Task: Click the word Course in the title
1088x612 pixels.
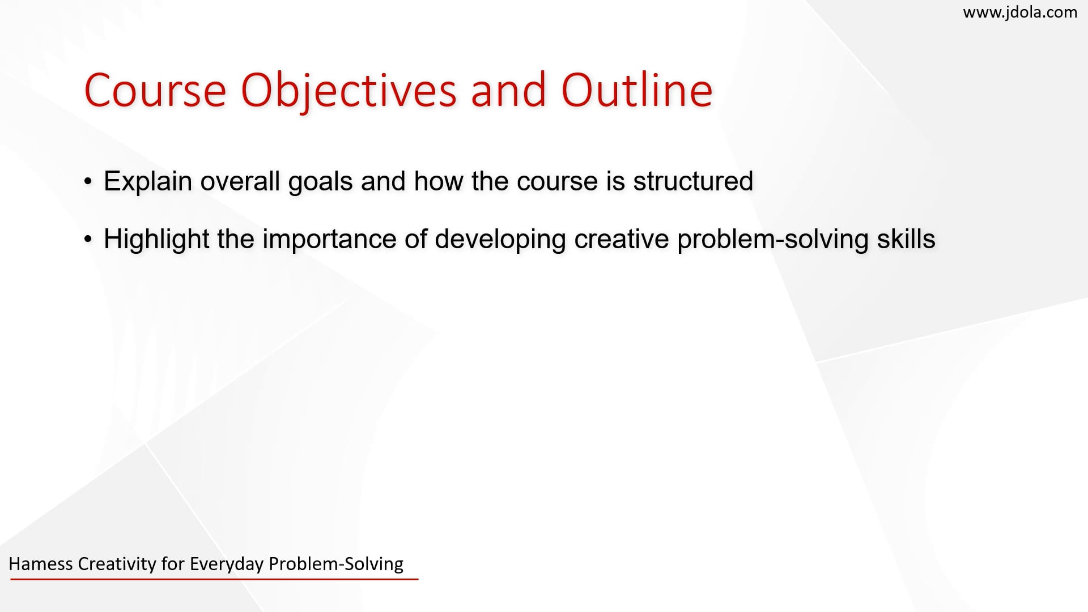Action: pyautogui.click(x=155, y=90)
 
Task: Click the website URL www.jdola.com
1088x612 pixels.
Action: pyautogui.click(x=1020, y=12)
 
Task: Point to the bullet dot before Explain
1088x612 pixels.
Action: pyautogui.click(x=87, y=182)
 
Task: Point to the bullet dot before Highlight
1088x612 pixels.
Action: pyautogui.click(x=87, y=239)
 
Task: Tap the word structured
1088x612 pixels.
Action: pyautogui.click(x=693, y=181)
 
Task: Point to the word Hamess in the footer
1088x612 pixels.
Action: pyautogui.click(x=41, y=564)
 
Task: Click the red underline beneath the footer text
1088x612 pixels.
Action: pyautogui.click(x=214, y=579)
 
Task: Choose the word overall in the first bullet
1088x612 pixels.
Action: pyautogui.click(x=240, y=181)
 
